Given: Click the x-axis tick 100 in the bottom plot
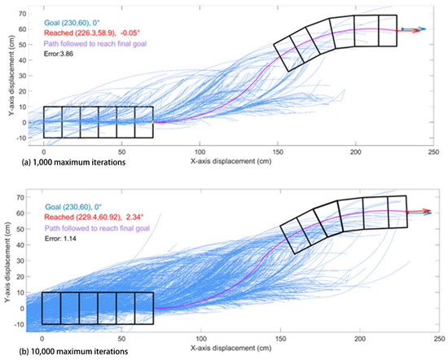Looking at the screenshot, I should (198, 336).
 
